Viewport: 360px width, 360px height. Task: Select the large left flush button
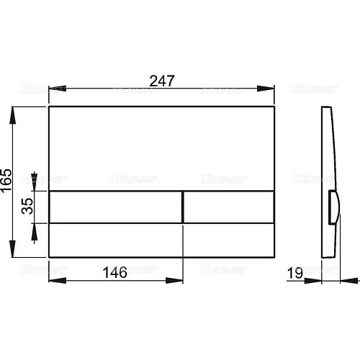116,207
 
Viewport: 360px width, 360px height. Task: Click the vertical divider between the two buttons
184,207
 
